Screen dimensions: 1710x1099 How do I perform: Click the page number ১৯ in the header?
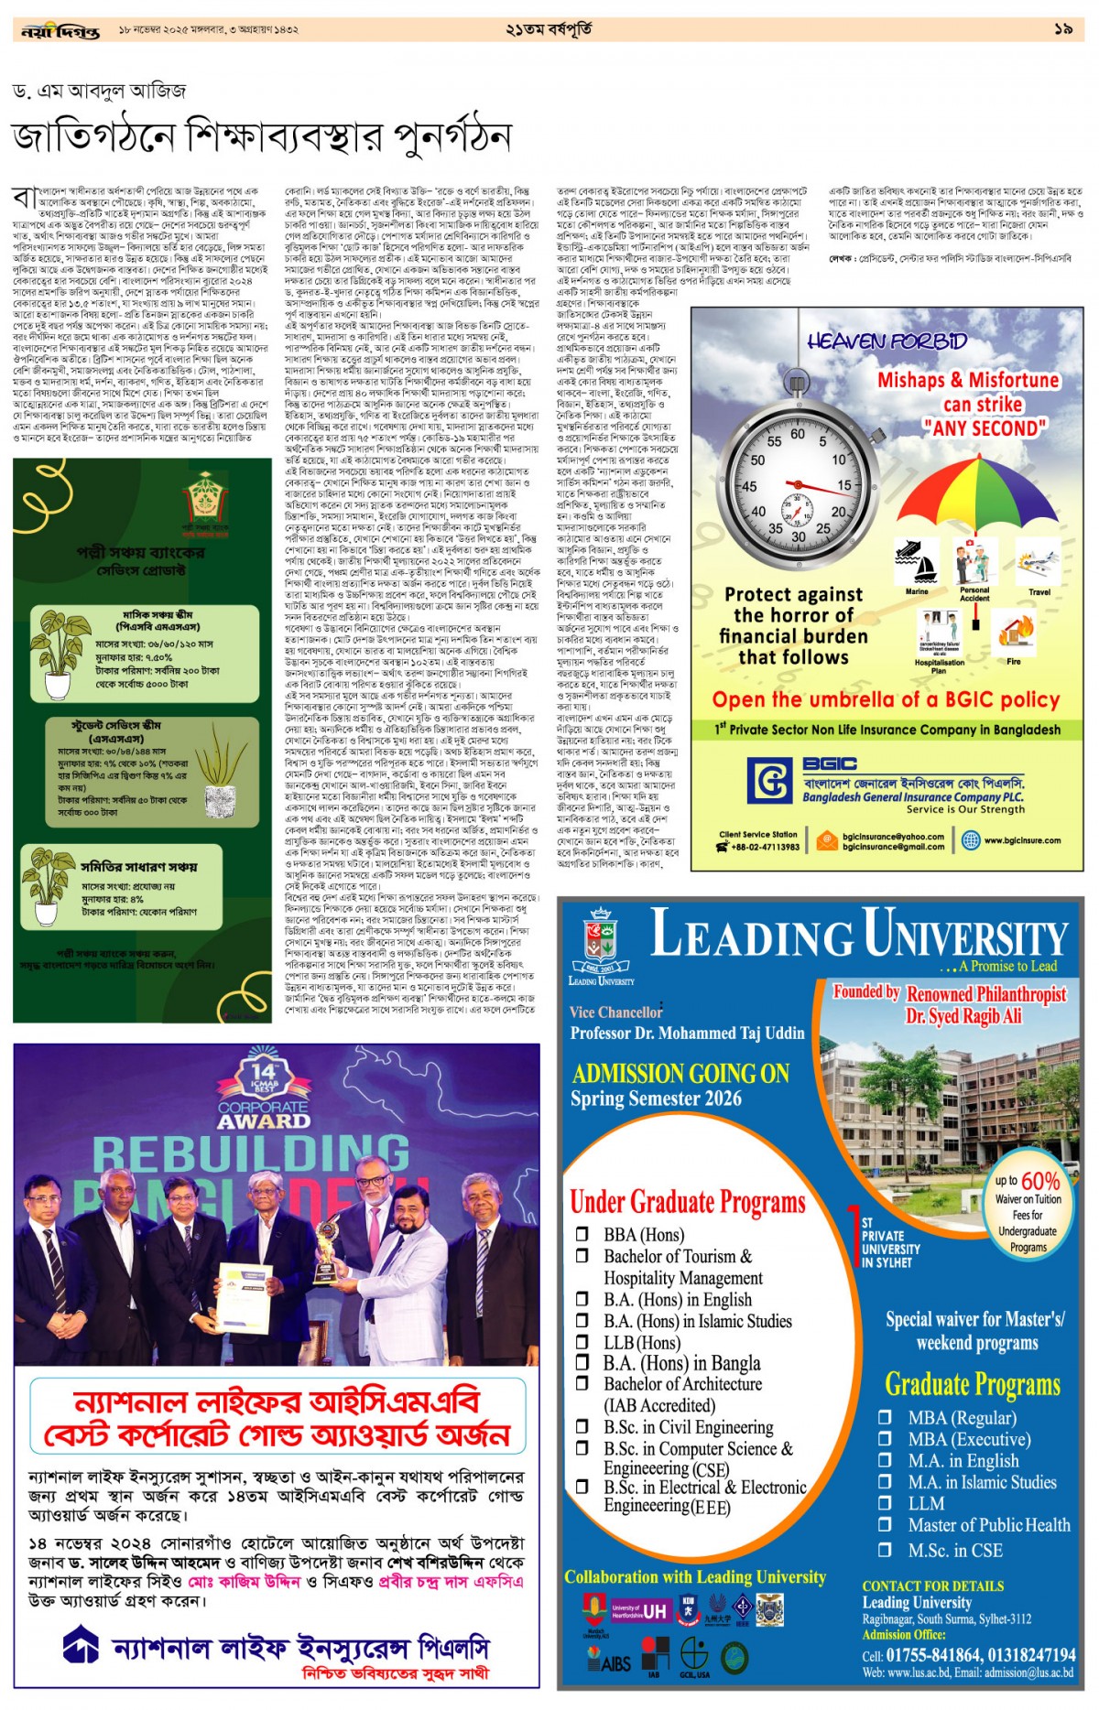[1062, 29]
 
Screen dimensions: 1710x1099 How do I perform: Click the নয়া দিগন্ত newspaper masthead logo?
[60, 31]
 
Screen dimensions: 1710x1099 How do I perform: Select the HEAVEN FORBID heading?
[887, 341]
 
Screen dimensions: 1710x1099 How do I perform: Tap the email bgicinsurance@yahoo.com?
[893, 836]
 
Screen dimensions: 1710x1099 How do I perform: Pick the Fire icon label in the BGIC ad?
[1013, 661]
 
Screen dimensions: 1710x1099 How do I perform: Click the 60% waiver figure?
[1039, 1180]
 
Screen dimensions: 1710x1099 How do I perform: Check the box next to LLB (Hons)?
[582, 1341]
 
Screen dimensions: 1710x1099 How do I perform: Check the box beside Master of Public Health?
[885, 1524]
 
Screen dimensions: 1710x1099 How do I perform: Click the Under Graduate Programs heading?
[688, 1201]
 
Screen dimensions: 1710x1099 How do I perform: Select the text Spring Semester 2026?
[656, 1099]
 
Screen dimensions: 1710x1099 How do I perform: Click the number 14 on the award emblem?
[263, 1072]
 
